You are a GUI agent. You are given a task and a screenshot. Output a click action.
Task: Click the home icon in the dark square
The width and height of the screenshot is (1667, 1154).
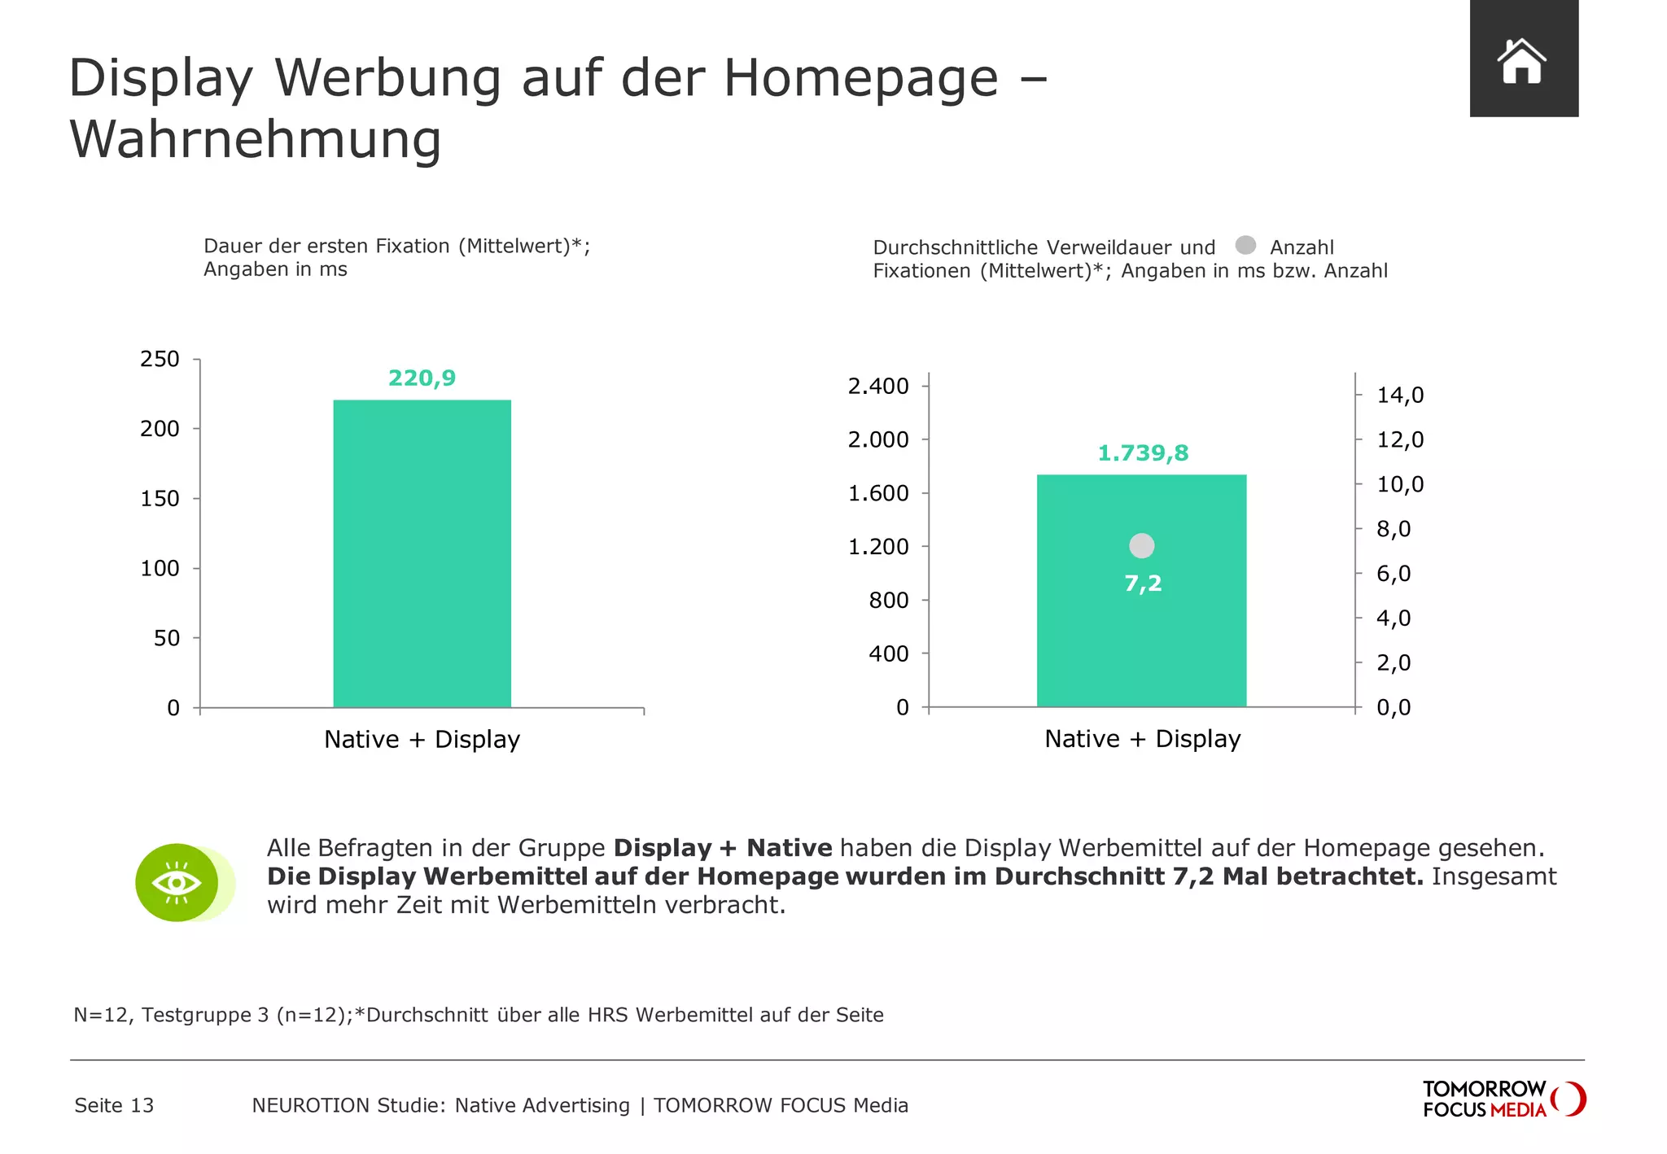(1521, 61)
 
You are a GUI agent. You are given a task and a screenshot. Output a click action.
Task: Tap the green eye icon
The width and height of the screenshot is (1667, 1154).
(177, 882)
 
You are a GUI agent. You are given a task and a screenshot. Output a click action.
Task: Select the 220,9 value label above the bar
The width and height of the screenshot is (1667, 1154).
(422, 378)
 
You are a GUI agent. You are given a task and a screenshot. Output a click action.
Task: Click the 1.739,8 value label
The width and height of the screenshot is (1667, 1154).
(1143, 453)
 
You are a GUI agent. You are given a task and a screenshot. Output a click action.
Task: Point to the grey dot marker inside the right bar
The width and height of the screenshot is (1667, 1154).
(1142, 546)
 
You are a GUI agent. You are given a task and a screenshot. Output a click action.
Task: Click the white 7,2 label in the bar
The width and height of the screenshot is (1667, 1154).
(1143, 584)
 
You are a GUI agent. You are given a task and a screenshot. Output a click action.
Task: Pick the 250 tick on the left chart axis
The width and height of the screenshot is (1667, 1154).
(160, 359)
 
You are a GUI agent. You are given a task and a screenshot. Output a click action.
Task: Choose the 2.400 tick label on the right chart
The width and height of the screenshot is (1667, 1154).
(878, 386)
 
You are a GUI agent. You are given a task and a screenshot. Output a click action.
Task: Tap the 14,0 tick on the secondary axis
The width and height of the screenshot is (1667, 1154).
(1400, 396)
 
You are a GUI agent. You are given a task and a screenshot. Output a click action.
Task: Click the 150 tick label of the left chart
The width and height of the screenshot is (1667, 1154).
(160, 499)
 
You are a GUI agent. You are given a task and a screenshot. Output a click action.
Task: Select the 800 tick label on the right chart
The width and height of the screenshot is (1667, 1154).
(888, 601)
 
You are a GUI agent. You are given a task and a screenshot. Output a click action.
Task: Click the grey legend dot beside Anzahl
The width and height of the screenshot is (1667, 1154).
(1245, 245)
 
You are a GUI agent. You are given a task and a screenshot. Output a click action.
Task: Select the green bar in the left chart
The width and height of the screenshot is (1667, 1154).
(422, 553)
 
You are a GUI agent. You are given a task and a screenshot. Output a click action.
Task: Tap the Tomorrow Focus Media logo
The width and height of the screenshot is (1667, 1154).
(1503, 1099)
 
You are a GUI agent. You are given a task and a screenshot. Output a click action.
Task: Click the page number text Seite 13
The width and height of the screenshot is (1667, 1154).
(114, 1105)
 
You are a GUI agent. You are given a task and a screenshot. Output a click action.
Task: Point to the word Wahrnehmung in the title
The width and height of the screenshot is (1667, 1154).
(256, 139)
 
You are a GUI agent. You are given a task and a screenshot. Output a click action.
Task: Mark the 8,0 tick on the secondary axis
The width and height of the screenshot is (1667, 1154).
(1393, 529)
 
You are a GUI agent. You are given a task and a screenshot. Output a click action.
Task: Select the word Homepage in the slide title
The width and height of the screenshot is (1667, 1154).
(860, 78)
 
